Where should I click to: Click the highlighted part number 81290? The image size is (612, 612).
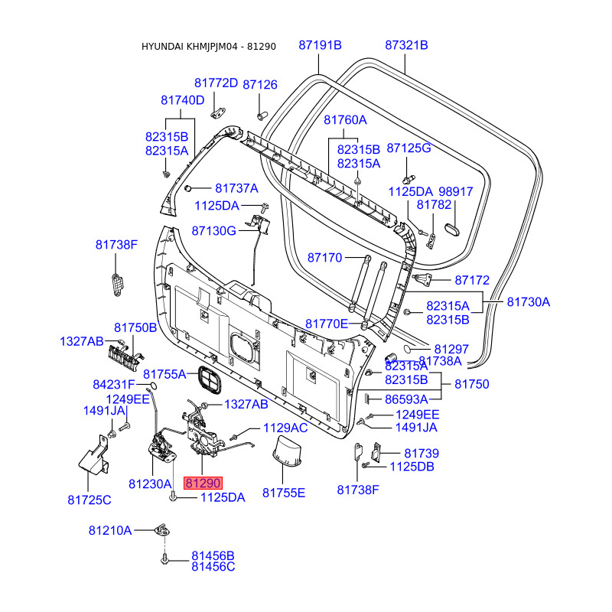[203, 483]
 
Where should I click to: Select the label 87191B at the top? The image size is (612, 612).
[320, 46]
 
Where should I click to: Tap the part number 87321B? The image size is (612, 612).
[406, 46]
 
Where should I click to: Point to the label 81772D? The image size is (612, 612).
[216, 83]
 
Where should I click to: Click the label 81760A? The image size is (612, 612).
[345, 120]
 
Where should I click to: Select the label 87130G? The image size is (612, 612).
[213, 230]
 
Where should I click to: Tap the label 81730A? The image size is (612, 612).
[529, 302]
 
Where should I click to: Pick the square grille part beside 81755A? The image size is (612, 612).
[207, 377]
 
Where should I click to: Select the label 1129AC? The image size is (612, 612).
[285, 428]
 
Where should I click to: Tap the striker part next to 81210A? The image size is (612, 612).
[161, 529]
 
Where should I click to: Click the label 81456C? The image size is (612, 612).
[213, 567]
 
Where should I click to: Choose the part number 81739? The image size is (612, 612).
[422, 454]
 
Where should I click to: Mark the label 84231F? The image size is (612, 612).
[114, 384]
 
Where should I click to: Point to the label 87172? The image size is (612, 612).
[472, 281]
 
